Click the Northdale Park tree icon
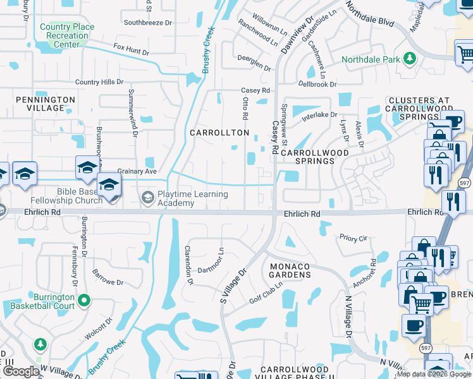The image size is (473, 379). pyautogui.click(x=410, y=59)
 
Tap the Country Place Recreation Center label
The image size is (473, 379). pyautogui.click(x=67, y=35)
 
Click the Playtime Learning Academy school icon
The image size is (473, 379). pyautogui.click(x=147, y=197)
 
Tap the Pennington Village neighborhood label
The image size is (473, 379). pyautogui.click(x=45, y=104)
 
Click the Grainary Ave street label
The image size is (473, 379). pyautogui.click(x=137, y=171)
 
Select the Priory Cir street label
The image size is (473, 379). pyautogui.click(x=353, y=238)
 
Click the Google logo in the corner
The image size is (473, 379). pyautogui.click(x=21, y=371)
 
